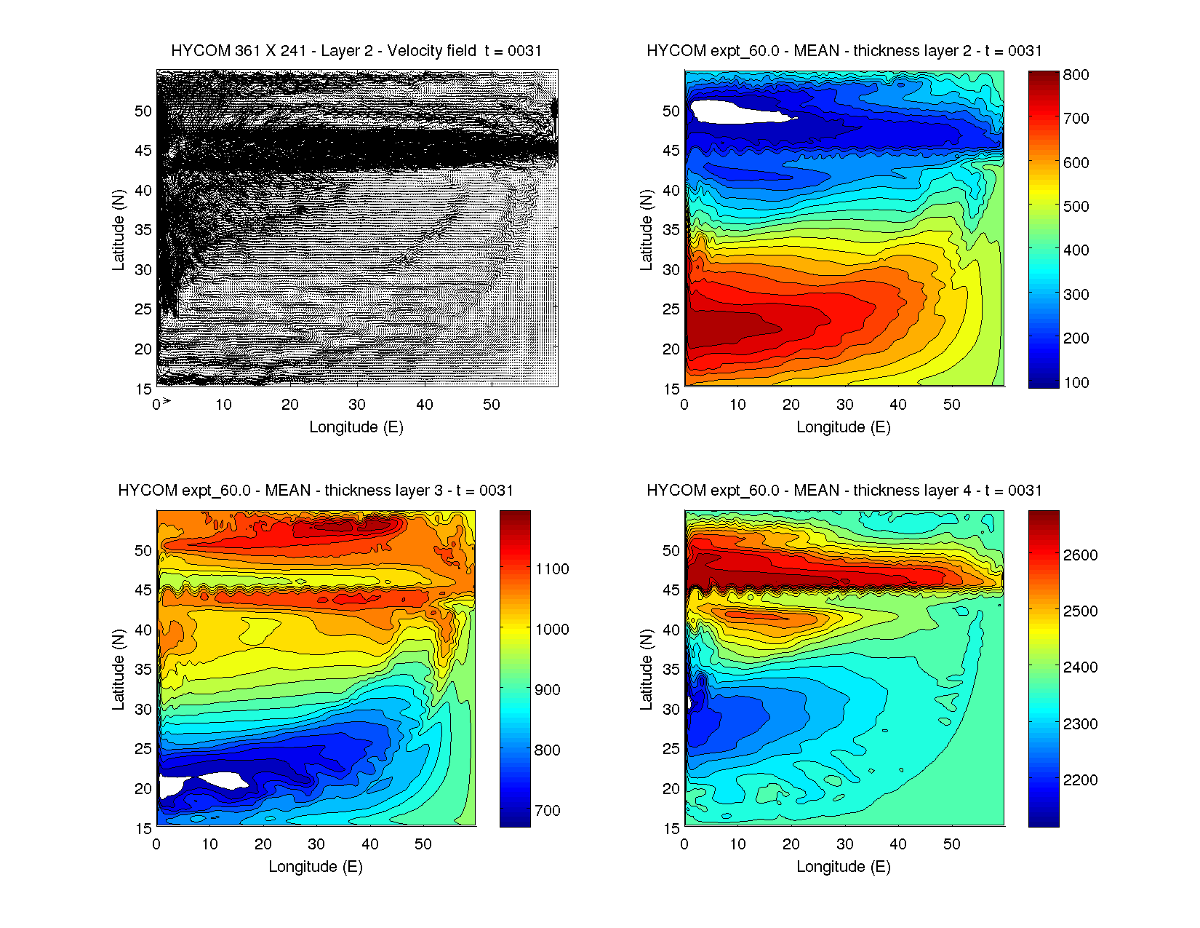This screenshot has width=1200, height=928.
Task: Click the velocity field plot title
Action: coord(356,51)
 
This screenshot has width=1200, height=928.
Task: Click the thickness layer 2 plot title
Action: coord(844,51)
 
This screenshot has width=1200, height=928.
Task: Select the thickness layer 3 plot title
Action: coord(316,491)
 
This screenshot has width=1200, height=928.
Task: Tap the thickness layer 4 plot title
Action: coord(844,491)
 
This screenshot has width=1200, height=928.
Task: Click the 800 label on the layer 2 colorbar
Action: coord(1076,75)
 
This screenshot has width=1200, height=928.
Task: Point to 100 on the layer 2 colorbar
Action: coord(1076,383)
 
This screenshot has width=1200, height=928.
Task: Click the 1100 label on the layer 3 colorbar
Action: coord(552,569)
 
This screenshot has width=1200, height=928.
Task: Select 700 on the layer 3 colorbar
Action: coord(547,811)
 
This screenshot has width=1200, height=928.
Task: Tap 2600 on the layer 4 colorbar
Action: coord(1080,555)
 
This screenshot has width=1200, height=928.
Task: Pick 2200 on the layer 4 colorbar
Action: coord(1080,780)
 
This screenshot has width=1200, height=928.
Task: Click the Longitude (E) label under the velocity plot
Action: coord(356,427)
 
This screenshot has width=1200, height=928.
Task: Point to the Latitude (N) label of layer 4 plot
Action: coord(646,670)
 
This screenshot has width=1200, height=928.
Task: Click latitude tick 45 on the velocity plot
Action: coord(143,151)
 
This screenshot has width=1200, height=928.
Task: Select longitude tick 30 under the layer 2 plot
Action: coord(844,405)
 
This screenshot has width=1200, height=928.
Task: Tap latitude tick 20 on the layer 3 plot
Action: coord(143,789)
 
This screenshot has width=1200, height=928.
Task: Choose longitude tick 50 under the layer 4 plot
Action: coord(951,844)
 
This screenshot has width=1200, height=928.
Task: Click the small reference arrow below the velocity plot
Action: coord(167,401)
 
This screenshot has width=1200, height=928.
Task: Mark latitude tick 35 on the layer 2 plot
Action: coord(671,230)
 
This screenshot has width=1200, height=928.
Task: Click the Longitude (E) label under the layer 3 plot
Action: coord(316,867)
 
